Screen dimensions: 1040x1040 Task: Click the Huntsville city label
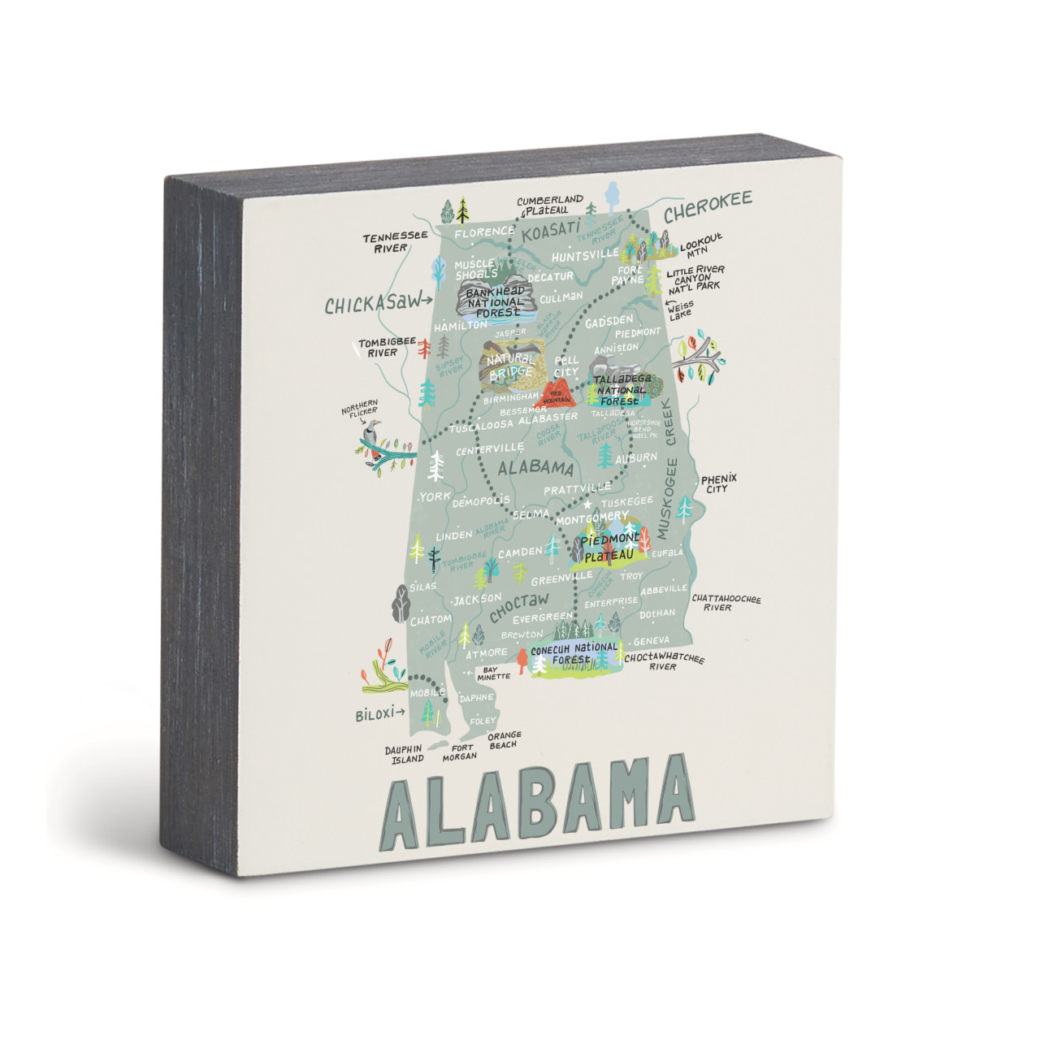585,255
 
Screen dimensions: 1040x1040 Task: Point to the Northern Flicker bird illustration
373,439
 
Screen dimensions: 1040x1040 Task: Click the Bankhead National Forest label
495,301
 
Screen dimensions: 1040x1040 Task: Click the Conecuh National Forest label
574,653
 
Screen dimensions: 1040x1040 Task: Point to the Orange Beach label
504,739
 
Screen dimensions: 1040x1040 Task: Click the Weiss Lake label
681,310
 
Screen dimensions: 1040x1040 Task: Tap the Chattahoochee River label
726,603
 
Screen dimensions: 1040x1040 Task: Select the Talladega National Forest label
619,390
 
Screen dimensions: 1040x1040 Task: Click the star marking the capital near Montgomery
587,504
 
